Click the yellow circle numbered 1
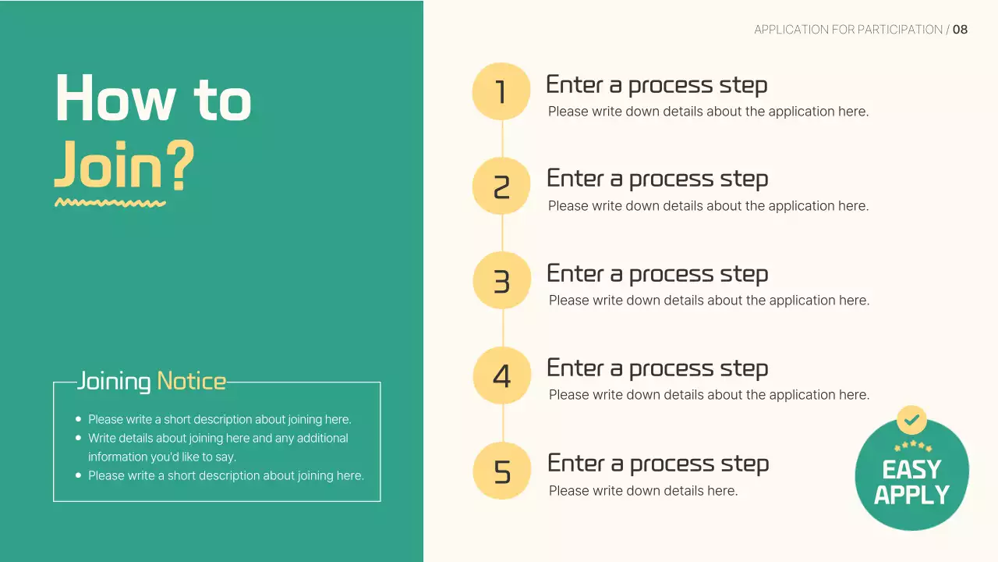coord(501,91)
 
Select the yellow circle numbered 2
coord(501,186)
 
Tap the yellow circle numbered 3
coord(501,280)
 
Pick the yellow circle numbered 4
coord(501,375)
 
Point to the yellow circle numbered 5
coord(501,471)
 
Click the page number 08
coord(960,30)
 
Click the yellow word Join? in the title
coord(124,165)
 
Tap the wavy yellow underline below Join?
coord(110,203)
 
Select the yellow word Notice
coord(192,382)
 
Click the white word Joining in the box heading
coord(114,382)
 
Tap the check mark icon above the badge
coord(911,420)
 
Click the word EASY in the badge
coord(911,469)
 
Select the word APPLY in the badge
coord(911,495)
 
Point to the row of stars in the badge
coord(913,446)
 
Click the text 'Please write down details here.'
coord(643,491)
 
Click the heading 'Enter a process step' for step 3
coord(657,274)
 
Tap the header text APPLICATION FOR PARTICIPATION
coord(848,30)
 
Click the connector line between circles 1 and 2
coord(502,139)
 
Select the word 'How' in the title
coord(115,98)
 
